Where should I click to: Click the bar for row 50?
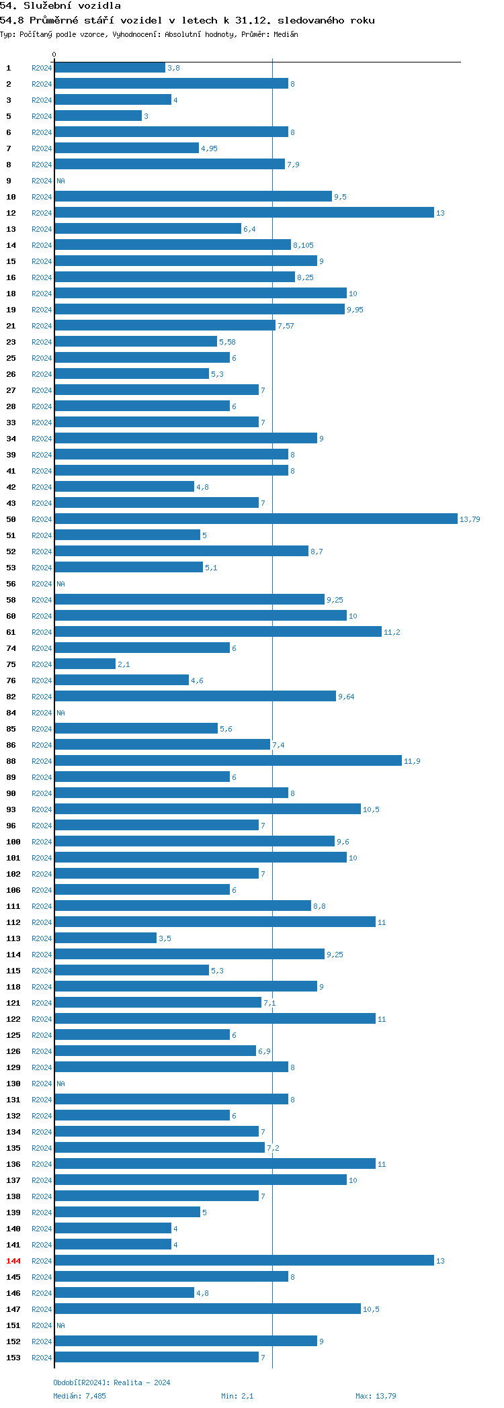pos(255,519)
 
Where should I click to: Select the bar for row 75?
pos(85,664)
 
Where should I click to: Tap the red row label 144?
pos(13,1261)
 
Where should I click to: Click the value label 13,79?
pos(470,519)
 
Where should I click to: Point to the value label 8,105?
pos(303,245)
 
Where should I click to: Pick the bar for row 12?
pos(244,213)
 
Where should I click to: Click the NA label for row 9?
pos(60,181)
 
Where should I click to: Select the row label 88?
pos(11,761)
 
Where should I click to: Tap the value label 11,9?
pos(412,761)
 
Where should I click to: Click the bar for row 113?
pos(106,938)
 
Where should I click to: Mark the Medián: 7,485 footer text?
pos(79,1396)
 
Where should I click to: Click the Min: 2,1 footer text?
pos(237,1396)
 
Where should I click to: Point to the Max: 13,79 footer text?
pos(376,1396)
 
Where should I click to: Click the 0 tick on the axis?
pos(54,54)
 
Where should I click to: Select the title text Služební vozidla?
pos(72,6)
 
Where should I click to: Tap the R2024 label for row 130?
pos(42,1084)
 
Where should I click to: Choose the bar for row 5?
pos(98,116)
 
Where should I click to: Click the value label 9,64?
pos(346,697)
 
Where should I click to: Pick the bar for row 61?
pos(218,632)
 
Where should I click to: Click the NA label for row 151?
pos(60,1325)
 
